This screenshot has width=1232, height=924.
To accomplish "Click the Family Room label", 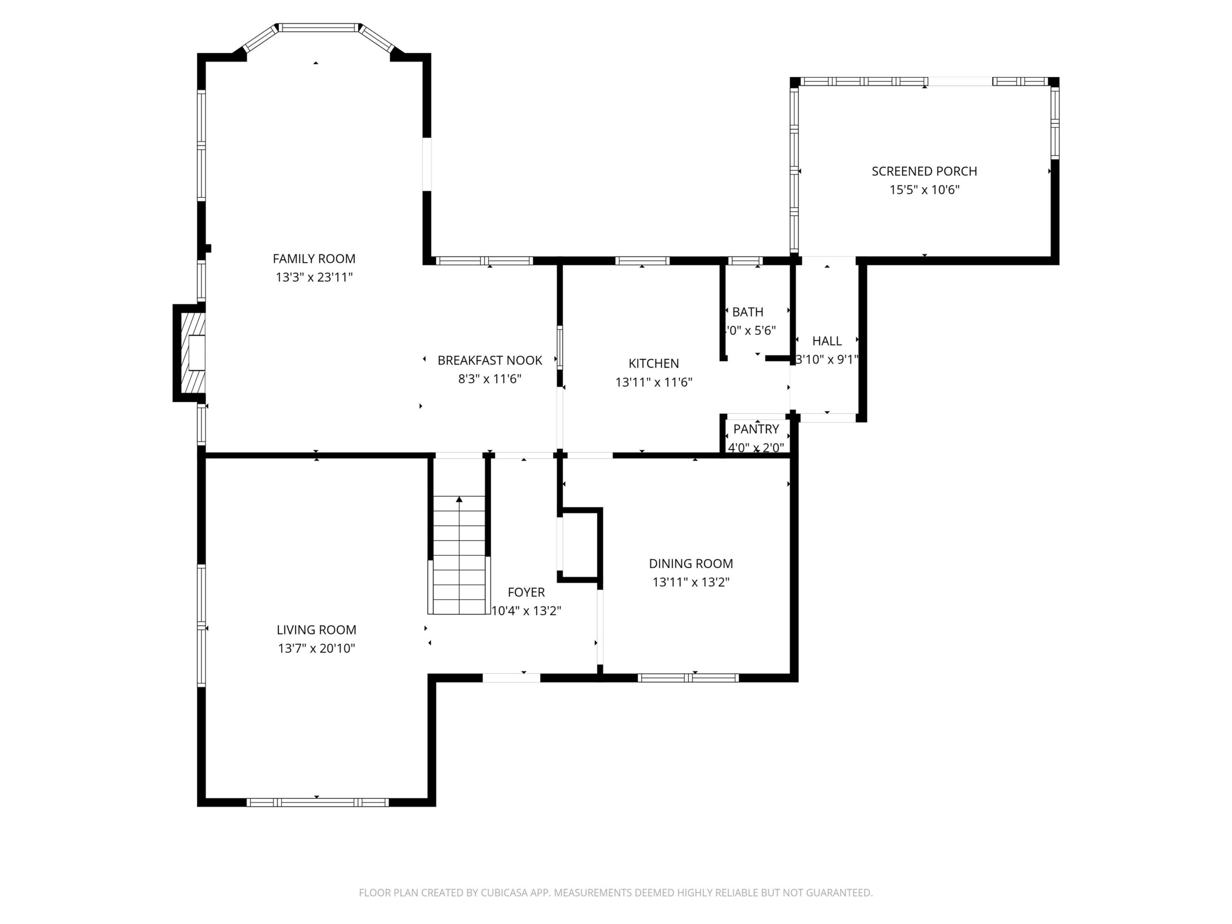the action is point(314,258).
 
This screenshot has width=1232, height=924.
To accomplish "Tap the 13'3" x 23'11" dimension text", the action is point(314,277).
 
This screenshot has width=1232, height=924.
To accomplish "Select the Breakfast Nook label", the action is point(489,360).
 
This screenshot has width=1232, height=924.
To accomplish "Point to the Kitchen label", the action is point(654,364).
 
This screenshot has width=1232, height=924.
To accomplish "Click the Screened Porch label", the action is point(924,171).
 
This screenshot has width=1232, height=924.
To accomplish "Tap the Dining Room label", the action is point(691,564).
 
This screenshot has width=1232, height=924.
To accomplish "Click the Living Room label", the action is point(316,630).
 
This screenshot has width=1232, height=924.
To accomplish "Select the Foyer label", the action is point(526,592).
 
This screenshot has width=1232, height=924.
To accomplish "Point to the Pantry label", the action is point(756,429).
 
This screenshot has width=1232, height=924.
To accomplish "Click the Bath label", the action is point(747,312).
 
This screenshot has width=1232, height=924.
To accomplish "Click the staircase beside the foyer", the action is point(459,555).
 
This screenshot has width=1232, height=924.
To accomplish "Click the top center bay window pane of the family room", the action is point(319,27).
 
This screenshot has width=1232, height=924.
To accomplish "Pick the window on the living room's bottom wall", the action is point(318,803).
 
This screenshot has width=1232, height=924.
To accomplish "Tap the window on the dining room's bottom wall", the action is point(688,678).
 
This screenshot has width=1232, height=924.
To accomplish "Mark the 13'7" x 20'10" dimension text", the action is point(316,648).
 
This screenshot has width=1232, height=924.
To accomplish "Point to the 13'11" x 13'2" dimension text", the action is point(691,582).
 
